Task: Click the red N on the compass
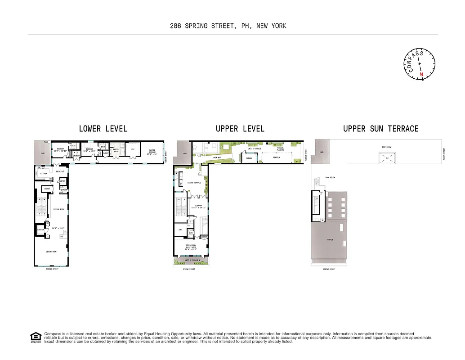(421, 74)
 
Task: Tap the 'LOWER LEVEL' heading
(103, 129)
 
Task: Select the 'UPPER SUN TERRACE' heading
(380, 129)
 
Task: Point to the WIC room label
(133, 150)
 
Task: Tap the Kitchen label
(44, 173)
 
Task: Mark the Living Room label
(51, 252)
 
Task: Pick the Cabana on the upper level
(248, 158)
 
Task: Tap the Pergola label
(276, 157)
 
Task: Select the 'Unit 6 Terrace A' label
(192, 261)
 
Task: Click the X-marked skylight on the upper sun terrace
(386, 158)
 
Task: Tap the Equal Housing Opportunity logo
(35, 337)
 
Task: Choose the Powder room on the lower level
(64, 189)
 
